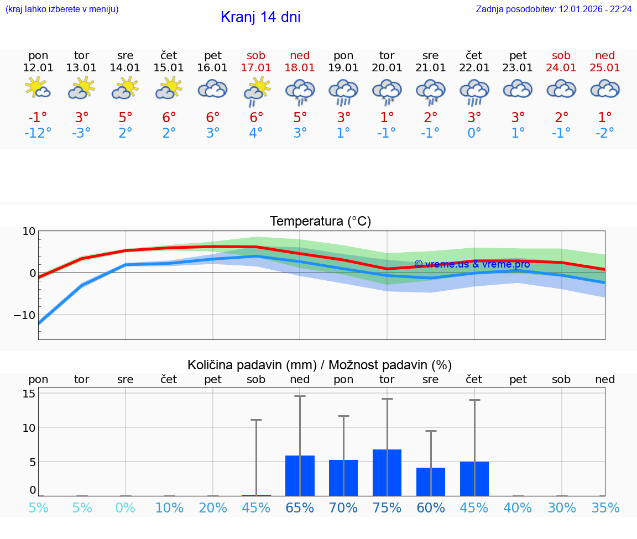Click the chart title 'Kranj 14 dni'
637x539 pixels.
[x=260, y=17]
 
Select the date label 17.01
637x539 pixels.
[x=256, y=67]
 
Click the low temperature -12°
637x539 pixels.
[x=38, y=133]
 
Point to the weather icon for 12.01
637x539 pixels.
[x=38, y=88]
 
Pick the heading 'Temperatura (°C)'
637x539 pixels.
[x=320, y=222]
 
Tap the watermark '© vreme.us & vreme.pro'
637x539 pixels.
[x=472, y=264]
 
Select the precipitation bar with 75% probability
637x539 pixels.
[x=387, y=473]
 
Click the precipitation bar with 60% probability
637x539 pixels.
[x=431, y=482]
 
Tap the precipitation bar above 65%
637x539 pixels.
[x=300, y=475]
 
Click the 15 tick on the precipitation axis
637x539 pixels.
[x=29, y=394]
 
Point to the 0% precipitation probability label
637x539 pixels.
[x=126, y=508]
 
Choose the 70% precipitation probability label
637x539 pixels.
[x=343, y=508]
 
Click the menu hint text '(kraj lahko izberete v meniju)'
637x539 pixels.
[x=62, y=9]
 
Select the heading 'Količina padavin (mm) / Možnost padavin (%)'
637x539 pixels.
[x=320, y=365]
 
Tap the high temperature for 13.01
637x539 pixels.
[x=82, y=118]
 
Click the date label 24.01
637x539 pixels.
[x=561, y=67]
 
